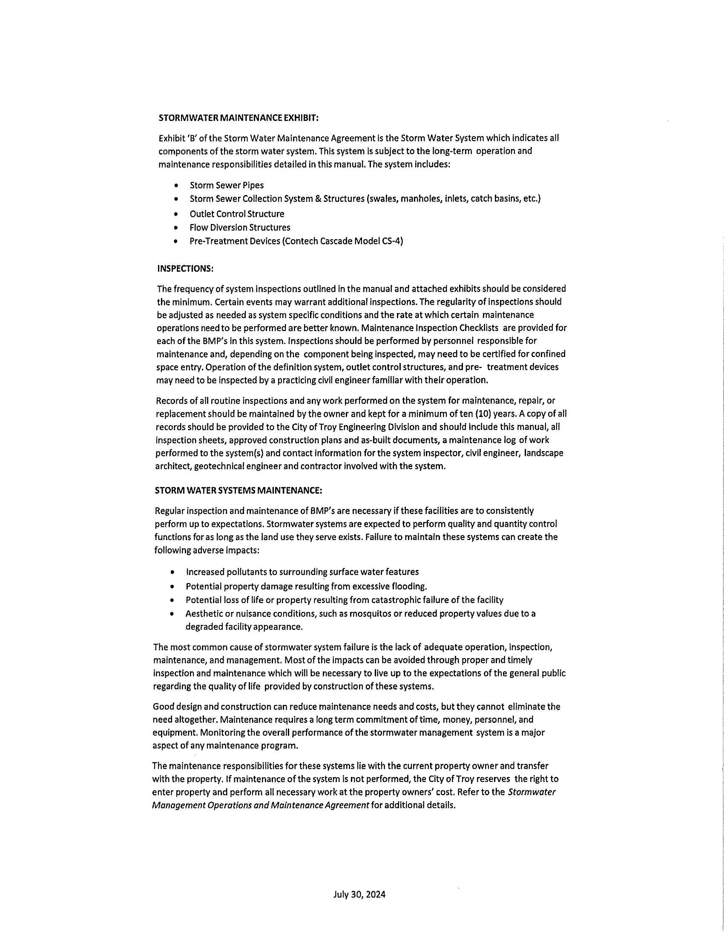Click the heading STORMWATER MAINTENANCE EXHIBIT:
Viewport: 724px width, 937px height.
pos(238,118)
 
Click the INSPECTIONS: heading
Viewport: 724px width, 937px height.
pos(185,269)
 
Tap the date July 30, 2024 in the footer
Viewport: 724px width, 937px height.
pos(359,894)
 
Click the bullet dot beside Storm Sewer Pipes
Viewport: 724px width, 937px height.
pos(176,186)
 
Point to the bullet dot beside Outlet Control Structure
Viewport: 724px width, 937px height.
pos(176,214)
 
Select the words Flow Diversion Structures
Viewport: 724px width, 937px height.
pos(240,227)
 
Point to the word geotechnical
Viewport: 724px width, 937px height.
pos(220,466)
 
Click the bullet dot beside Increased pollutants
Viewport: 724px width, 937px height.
pos(172,572)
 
